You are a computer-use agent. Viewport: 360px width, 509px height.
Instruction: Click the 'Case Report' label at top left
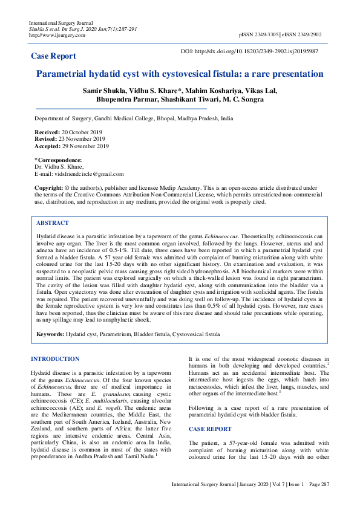(53, 56)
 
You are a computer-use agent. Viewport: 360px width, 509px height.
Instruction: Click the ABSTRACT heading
(52, 223)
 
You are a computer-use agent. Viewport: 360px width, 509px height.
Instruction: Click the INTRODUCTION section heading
(59, 359)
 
